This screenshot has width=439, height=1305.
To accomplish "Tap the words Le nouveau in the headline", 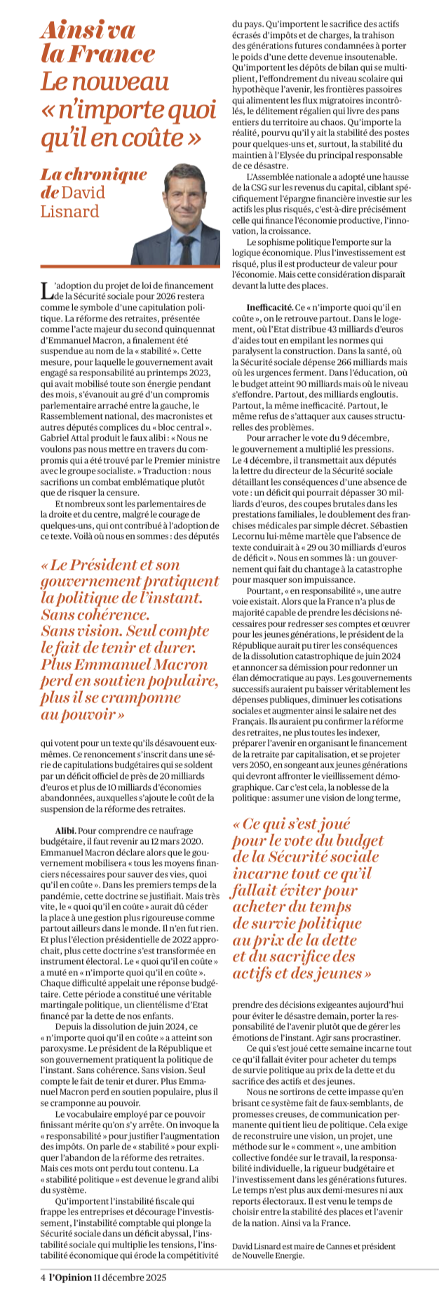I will [104, 82].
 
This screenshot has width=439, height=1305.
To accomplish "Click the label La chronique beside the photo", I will [93, 174].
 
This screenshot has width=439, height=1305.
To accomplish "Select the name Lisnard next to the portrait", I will [69, 210].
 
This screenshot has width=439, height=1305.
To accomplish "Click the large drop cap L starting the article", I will [46, 290].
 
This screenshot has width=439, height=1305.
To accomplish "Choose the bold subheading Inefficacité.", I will [269, 307].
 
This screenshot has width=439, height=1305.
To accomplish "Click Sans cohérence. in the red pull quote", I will [95, 615].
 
